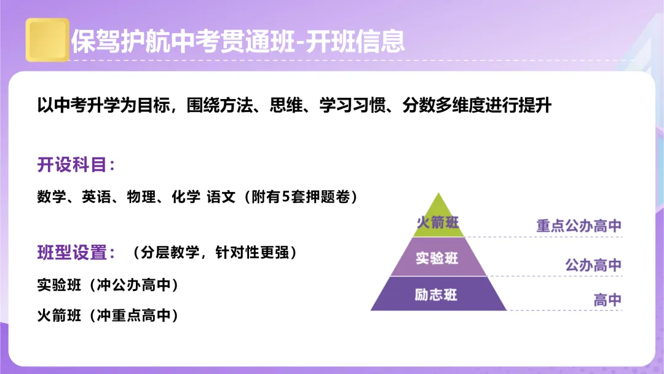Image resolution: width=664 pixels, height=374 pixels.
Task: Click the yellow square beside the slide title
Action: [x=47, y=40]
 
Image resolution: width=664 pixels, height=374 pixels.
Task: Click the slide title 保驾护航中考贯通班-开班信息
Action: [x=238, y=41]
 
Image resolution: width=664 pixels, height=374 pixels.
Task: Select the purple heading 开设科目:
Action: [x=76, y=165]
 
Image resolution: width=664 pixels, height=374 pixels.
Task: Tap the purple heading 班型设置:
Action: [x=76, y=252]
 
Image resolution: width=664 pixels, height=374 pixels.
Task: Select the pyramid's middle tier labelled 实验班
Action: [x=437, y=258]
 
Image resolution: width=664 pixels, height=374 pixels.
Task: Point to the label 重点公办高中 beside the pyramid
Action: [x=579, y=226]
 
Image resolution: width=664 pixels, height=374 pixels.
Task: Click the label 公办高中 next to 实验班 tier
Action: [x=593, y=265]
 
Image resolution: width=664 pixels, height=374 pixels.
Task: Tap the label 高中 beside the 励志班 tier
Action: [x=607, y=300]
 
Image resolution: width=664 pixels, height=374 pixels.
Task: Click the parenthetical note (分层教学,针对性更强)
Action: [x=215, y=252]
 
